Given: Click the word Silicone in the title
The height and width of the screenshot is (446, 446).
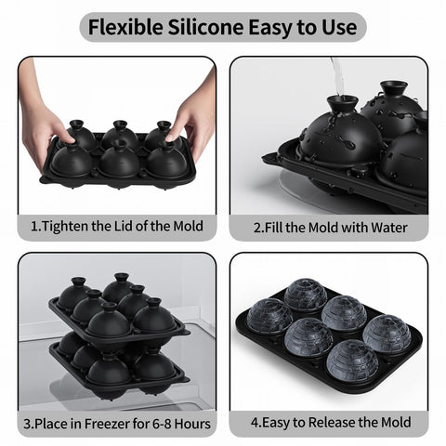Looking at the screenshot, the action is click(206, 27).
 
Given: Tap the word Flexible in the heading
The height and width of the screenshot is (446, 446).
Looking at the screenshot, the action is click(125, 27).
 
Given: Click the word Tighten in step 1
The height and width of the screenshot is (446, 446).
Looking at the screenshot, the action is click(65, 227).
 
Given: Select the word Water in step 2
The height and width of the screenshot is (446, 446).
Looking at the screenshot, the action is click(388, 228).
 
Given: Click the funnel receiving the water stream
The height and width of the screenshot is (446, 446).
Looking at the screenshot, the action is click(343, 105).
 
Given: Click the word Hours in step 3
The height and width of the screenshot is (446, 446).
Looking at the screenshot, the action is click(192, 424).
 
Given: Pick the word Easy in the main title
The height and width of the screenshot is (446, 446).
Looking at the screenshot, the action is click(270, 28).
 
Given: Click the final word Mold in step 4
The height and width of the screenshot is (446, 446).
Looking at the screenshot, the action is click(396, 423).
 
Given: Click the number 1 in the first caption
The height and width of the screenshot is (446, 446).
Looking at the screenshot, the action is click(34, 227).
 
